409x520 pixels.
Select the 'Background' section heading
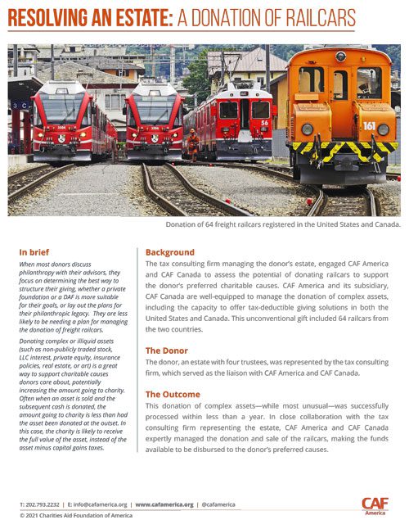pyautogui.click(x=169, y=252)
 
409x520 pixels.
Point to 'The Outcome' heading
pyautogui.click(x=174, y=394)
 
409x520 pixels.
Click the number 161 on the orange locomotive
pyautogui.click(x=370, y=126)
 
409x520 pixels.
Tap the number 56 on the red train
pyautogui.click(x=264, y=123)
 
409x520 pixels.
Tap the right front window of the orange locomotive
pyautogui.click(x=368, y=82)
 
